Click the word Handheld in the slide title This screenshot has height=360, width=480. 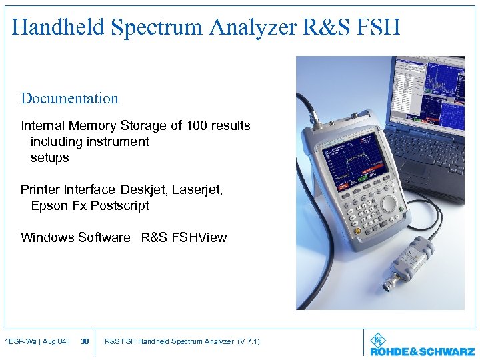pyautogui.click(x=58, y=27)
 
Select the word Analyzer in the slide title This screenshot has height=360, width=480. pyautogui.click(x=246, y=27)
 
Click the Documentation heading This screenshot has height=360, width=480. pyautogui.click(x=69, y=99)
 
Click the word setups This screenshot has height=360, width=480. pyautogui.click(x=50, y=158)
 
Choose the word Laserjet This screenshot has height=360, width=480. pyautogui.click(x=197, y=190)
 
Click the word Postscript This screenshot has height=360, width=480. pyautogui.click(x=119, y=206)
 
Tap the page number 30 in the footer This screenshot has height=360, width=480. pyautogui.click(x=85, y=342)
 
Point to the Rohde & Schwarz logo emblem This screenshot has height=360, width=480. pyautogui.click(x=379, y=339)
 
